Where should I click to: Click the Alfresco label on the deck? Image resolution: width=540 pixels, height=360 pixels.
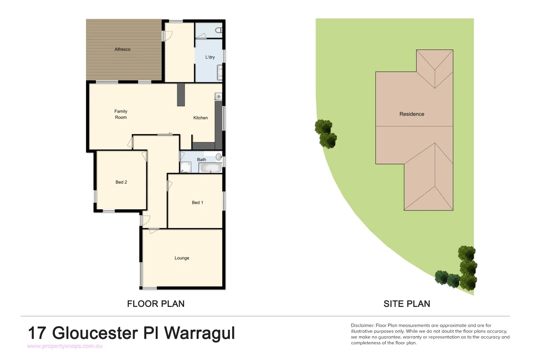pyautogui.click(x=122, y=49)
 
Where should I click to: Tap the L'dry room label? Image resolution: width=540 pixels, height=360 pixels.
pyautogui.click(x=210, y=57)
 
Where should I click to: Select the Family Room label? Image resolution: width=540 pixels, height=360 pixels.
pyautogui.click(x=121, y=114)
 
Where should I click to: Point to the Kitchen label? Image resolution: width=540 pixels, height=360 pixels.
pyautogui.click(x=201, y=118)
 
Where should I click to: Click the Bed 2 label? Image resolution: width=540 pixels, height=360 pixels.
pyautogui.click(x=121, y=182)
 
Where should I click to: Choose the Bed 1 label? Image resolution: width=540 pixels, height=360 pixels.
pyautogui.click(x=198, y=202)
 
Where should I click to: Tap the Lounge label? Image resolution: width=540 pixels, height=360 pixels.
pyautogui.click(x=182, y=258)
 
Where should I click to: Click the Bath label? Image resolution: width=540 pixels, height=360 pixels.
pyautogui.click(x=202, y=159)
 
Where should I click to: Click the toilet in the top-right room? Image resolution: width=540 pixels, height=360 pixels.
pyautogui.click(x=219, y=31)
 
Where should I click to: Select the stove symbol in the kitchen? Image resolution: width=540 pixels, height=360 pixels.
pyautogui.click(x=219, y=97)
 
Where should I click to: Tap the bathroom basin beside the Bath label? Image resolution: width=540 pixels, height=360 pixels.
pyautogui.click(x=219, y=157)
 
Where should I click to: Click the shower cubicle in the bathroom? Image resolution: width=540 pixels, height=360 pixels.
pyautogui.click(x=185, y=168)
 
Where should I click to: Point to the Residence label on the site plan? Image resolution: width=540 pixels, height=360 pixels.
pyautogui.click(x=412, y=114)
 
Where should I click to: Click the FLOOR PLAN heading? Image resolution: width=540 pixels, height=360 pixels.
pyautogui.click(x=156, y=304)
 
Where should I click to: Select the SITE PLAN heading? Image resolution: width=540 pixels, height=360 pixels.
pyautogui.click(x=407, y=304)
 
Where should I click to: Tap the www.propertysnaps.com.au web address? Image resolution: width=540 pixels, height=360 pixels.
pyautogui.click(x=66, y=346)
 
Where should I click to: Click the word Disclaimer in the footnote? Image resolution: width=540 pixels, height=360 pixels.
pyautogui.click(x=362, y=325)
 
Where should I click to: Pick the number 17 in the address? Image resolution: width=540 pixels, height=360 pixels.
pyautogui.click(x=38, y=333)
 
